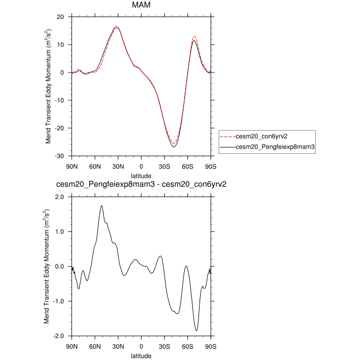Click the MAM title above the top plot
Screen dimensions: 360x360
141,6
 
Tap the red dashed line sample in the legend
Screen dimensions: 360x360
227,137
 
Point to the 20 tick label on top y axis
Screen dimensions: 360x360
60,17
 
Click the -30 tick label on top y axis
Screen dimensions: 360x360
59,156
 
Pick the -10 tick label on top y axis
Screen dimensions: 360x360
59,100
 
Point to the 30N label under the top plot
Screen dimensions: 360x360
118,167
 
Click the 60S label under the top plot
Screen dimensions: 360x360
188,167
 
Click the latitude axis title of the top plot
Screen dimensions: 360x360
141,176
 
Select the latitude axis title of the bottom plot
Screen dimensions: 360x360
141,355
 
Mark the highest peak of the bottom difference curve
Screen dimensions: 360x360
102,206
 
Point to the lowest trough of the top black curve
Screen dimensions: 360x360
174,147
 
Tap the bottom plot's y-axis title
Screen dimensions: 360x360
46,266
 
